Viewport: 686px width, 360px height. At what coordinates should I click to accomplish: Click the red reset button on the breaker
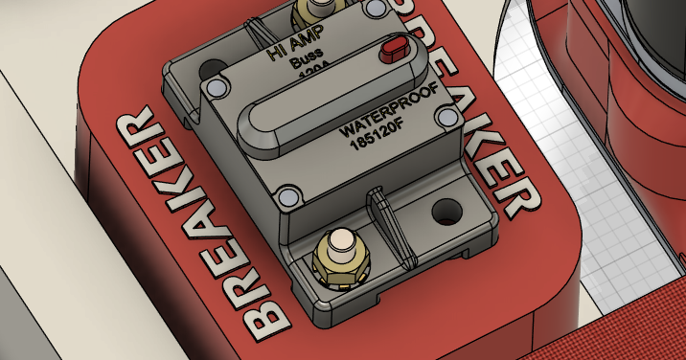(392, 49)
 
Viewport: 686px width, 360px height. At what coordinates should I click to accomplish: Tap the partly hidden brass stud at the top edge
(311, 11)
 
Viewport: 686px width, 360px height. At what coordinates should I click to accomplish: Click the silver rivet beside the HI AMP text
(217, 88)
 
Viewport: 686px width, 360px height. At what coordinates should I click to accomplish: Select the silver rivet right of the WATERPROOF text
(445, 116)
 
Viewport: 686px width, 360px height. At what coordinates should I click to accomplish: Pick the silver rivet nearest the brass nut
(287, 197)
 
